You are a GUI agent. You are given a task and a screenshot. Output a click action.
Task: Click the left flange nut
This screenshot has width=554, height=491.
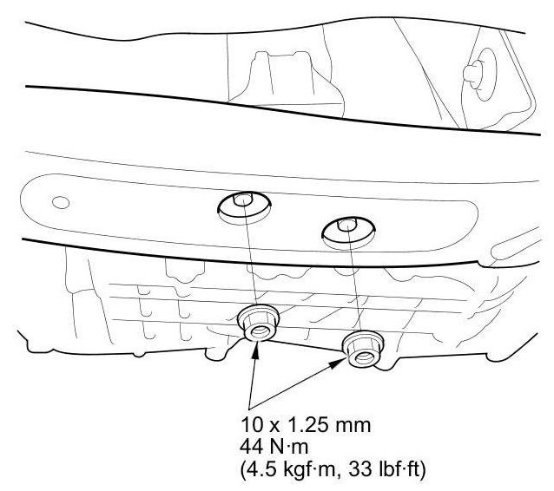(258, 323)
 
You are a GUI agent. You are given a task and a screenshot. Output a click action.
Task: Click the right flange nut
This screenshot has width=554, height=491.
(363, 349)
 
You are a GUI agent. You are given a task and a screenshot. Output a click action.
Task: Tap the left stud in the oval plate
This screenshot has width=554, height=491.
(243, 200)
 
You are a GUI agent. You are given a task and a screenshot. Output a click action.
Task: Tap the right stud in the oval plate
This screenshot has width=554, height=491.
(347, 226)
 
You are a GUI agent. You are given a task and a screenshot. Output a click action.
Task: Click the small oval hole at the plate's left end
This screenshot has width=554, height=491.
(61, 203)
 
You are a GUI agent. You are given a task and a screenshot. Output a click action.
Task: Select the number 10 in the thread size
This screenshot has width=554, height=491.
(252, 425)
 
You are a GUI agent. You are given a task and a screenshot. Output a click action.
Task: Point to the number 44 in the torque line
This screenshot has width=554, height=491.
(252, 447)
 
